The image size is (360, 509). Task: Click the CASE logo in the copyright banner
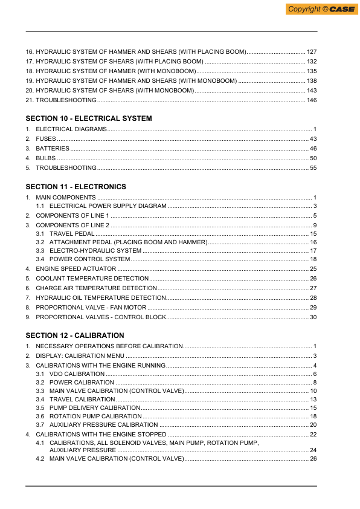tap(341, 9)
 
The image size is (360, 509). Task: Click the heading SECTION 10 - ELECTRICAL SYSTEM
tap(89, 118)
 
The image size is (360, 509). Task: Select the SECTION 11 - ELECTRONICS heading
tap(76, 187)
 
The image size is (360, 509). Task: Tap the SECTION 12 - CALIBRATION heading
tap(75, 335)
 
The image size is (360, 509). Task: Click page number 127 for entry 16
tap(312, 52)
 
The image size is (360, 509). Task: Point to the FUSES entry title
tap(46, 139)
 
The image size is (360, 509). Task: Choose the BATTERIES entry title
tap(53, 149)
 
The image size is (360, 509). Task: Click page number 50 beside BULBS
tap(313, 158)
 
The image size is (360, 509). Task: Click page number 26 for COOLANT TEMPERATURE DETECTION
tap(313, 278)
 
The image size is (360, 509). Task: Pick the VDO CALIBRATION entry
tap(77, 374)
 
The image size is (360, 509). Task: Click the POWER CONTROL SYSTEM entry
tap(89, 259)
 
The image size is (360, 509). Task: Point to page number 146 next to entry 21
tap(312, 100)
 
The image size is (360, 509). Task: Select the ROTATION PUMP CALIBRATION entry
tap(95, 417)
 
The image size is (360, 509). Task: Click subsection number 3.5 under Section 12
tap(40, 408)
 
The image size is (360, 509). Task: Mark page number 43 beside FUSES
tap(313, 139)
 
